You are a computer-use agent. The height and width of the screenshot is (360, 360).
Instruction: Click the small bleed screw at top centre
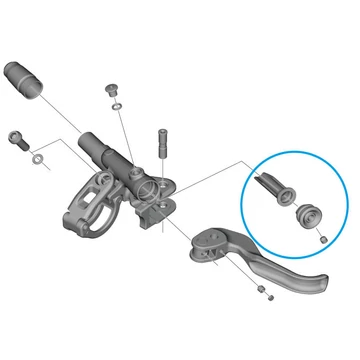(112, 89)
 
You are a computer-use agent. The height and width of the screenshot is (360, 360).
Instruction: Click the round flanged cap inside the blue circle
(306, 214)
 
